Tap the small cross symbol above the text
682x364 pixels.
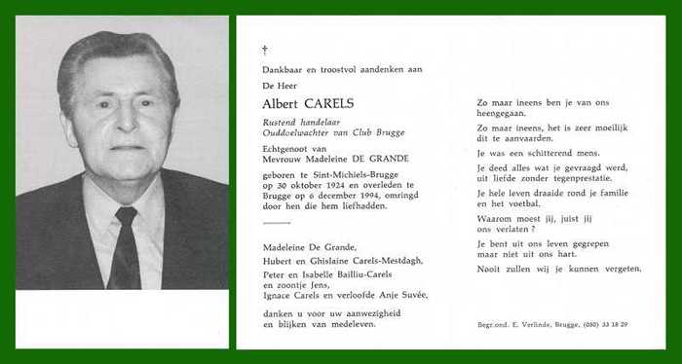(x=264, y=50)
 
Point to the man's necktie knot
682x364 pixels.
(x=127, y=216)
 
